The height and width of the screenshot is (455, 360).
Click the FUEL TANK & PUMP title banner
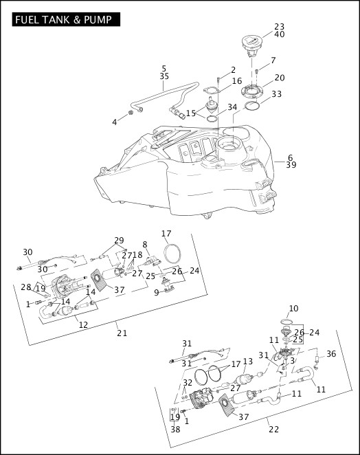[66, 19]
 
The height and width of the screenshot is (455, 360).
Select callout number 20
[280, 78]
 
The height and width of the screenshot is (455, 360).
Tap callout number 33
[277, 94]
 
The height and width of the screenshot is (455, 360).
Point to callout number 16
[237, 80]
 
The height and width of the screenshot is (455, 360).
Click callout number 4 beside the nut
[115, 122]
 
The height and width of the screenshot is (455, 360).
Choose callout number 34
[232, 107]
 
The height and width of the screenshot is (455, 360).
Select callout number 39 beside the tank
[291, 165]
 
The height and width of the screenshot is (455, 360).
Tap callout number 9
[157, 293]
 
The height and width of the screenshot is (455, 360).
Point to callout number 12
[83, 324]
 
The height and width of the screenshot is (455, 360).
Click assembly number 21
[122, 333]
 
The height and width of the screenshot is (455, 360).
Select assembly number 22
[274, 429]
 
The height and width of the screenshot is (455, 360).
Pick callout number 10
[293, 308]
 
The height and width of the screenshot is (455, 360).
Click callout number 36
[331, 354]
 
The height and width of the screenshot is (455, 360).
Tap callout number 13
[248, 362]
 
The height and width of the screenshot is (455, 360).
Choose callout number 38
[175, 429]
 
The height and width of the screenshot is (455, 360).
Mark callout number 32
[188, 382]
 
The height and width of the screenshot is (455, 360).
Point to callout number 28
[26, 287]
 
